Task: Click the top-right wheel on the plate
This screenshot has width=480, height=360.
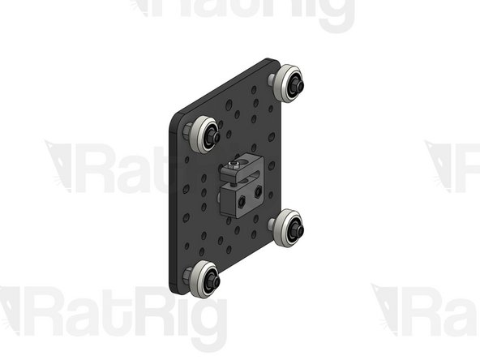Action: pos(286,84)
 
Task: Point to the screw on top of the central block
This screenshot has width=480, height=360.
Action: pos(235,165)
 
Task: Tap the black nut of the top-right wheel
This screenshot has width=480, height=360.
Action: pos(296,82)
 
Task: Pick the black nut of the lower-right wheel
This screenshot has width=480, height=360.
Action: pos(298,229)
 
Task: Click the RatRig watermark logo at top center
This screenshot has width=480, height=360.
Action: pos(243,12)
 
